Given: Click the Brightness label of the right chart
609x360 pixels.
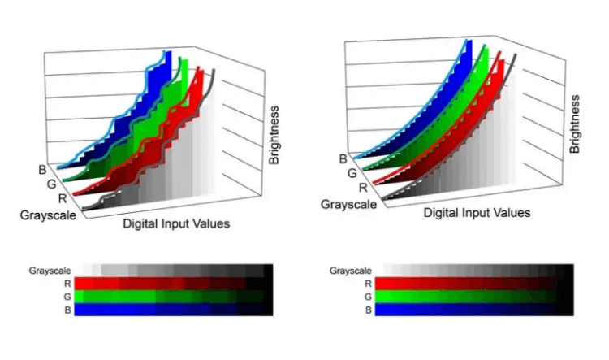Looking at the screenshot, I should (x=575, y=124).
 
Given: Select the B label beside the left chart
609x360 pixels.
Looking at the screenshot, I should (x=41, y=170).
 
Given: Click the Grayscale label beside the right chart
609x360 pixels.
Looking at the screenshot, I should (x=349, y=204).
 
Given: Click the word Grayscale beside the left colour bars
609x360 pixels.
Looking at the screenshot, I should (x=49, y=270).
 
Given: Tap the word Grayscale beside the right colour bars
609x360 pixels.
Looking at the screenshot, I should (x=351, y=271).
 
